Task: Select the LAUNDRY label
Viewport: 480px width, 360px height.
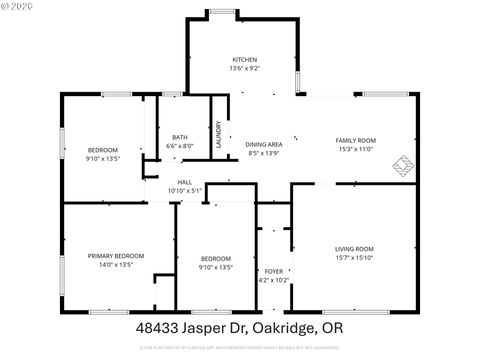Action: (x=219, y=136)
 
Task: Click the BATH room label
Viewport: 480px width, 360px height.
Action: (x=180, y=137)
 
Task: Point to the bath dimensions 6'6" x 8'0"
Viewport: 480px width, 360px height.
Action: (x=180, y=146)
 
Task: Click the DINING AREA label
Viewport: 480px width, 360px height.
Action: (x=264, y=144)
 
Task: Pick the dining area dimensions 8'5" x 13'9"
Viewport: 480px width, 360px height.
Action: (x=264, y=153)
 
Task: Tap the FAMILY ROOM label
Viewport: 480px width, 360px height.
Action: (x=354, y=140)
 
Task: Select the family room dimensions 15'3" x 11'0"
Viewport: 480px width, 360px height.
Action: (x=354, y=149)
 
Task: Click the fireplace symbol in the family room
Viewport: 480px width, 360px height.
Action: (x=404, y=164)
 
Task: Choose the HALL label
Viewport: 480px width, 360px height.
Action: (x=185, y=181)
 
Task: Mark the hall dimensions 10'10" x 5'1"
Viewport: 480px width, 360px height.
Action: (x=185, y=190)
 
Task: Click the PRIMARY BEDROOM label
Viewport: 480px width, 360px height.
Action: (x=115, y=256)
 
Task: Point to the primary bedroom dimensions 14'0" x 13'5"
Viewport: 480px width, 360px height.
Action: (x=115, y=265)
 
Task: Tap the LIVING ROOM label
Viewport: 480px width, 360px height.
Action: (x=354, y=248)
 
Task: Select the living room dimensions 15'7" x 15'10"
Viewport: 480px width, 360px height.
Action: (x=354, y=257)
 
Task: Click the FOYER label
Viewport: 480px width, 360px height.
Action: (x=273, y=271)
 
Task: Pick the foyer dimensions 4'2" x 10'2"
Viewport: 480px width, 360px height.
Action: (x=273, y=280)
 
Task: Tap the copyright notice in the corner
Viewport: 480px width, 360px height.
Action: (x=18, y=6)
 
